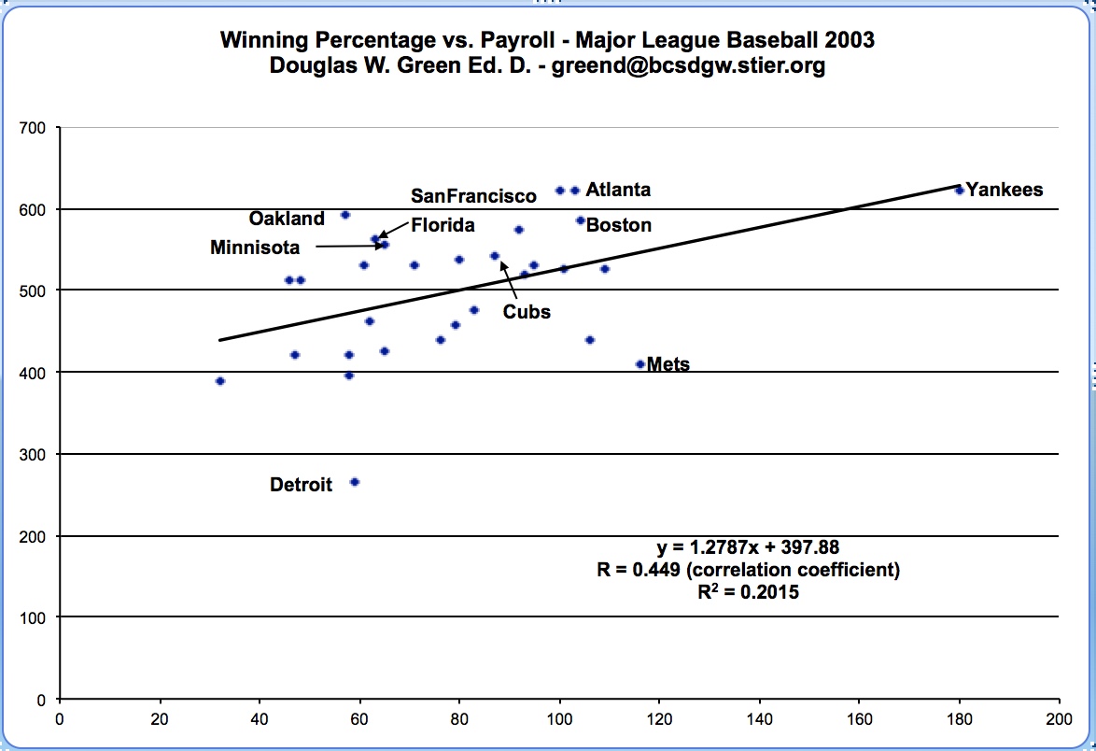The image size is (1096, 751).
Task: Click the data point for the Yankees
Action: (x=960, y=190)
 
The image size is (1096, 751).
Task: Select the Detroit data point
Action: (x=355, y=482)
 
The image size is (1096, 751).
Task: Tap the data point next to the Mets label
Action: (x=640, y=364)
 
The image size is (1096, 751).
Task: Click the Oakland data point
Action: (x=345, y=215)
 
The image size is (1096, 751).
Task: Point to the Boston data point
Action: (x=581, y=220)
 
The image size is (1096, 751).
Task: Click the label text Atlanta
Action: (x=618, y=190)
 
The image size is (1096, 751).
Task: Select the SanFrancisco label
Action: (x=474, y=195)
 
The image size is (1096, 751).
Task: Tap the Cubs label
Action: (x=527, y=312)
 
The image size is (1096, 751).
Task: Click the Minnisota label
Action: (x=255, y=248)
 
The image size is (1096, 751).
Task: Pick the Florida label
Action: (x=443, y=225)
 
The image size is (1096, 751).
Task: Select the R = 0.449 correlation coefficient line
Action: (x=747, y=571)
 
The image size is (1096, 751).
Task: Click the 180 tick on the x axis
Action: (x=959, y=719)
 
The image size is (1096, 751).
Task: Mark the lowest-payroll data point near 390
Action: (x=220, y=381)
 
